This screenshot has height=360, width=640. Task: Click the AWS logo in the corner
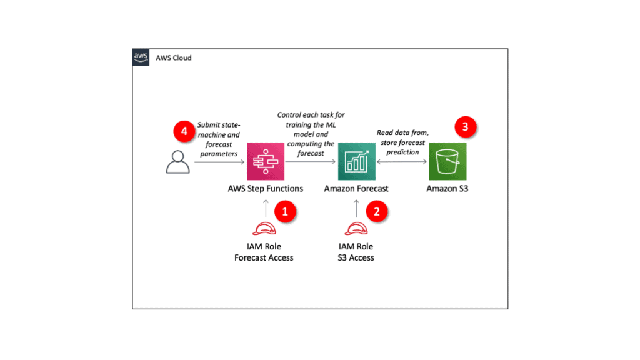[x=141, y=57]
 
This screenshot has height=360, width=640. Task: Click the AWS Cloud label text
[x=173, y=58]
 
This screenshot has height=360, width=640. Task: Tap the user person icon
[x=177, y=161]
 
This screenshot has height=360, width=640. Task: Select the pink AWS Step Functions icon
[x=266, y=161]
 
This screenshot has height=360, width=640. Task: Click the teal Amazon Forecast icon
[x=356, y=161]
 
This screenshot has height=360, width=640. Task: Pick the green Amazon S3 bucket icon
[x=447, y=161]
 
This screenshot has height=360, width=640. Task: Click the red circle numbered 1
[x=286, y=211]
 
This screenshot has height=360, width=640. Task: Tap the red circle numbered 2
[x=376, y=211]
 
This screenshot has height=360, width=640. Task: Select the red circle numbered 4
[x=184, y=132]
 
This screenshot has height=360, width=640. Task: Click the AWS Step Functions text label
[x=266, y=188]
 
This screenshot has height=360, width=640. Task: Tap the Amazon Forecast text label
[x=356, y=188]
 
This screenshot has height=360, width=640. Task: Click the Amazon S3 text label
[x=447, y=188]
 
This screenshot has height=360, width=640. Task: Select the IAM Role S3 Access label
[x=356, y=252]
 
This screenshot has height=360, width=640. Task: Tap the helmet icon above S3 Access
[x=356, y=229]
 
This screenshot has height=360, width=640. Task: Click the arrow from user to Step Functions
[x=219, y=162]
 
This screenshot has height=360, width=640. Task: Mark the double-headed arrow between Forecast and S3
[x=401, y=162]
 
